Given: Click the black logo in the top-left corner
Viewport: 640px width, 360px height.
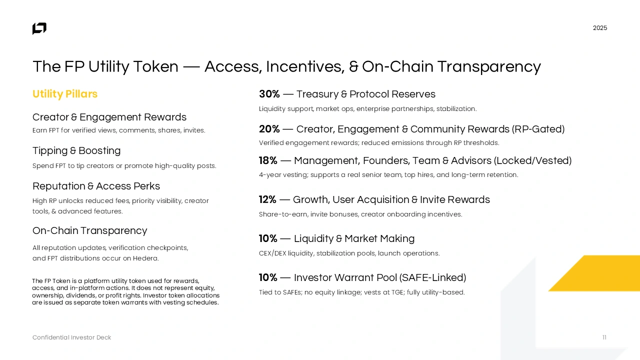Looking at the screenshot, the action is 39,28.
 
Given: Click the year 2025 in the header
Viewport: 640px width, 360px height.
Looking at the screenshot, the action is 599,28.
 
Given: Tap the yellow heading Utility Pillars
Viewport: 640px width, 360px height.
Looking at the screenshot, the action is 65,94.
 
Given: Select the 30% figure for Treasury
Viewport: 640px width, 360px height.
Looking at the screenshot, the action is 269,94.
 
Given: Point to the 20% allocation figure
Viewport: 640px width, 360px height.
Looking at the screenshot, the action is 269,129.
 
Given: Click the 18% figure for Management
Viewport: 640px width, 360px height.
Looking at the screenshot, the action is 268,160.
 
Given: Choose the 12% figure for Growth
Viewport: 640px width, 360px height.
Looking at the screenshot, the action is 267,199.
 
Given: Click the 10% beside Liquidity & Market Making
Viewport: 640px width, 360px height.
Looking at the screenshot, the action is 268,238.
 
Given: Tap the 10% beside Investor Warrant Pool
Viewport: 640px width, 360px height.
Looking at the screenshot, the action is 268,277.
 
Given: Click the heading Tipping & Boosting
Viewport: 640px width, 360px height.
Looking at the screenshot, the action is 76,150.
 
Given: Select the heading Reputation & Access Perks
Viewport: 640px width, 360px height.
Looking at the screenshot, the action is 96,186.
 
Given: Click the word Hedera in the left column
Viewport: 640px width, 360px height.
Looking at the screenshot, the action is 145,258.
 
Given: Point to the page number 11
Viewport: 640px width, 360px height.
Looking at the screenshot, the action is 604,337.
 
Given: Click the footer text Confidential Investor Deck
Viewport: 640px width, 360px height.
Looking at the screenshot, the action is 71,337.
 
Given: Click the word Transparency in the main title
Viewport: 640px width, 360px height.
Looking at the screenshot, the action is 489,67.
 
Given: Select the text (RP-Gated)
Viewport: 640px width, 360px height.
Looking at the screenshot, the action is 538,129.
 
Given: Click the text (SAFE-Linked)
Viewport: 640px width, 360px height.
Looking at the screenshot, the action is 432,277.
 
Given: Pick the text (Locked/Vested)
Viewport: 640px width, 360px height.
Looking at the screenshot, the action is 532,160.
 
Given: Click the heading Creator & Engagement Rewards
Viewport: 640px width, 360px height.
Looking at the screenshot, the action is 109,117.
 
